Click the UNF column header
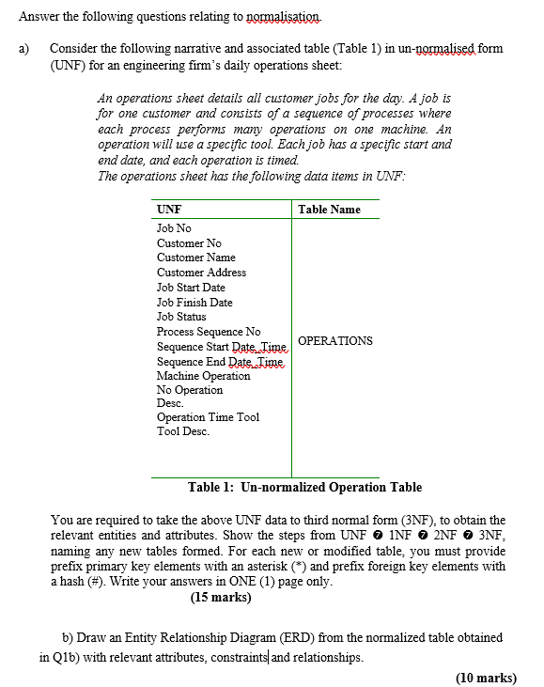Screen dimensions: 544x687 coord(169,210)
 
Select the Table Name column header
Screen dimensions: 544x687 coord(329,210)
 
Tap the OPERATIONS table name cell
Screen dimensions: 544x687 coord(334,341)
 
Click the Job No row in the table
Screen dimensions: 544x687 coord(174,228)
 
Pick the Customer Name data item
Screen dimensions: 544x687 coord(195,258)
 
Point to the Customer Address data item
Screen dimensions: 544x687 coord(201,273)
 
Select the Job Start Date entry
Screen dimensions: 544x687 coord(191,288)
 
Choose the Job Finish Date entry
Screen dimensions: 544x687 coord(194,303)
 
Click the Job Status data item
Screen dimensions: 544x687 coord(181,317)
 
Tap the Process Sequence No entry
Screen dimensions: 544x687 coord(209,332)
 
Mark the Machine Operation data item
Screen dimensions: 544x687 coord(203,376)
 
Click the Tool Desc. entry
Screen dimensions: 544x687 coord(182,431)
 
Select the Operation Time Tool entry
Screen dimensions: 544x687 coord(208,417)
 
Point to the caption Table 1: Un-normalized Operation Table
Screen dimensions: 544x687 coord(304,487)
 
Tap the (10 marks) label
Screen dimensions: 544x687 coord(485,677)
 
